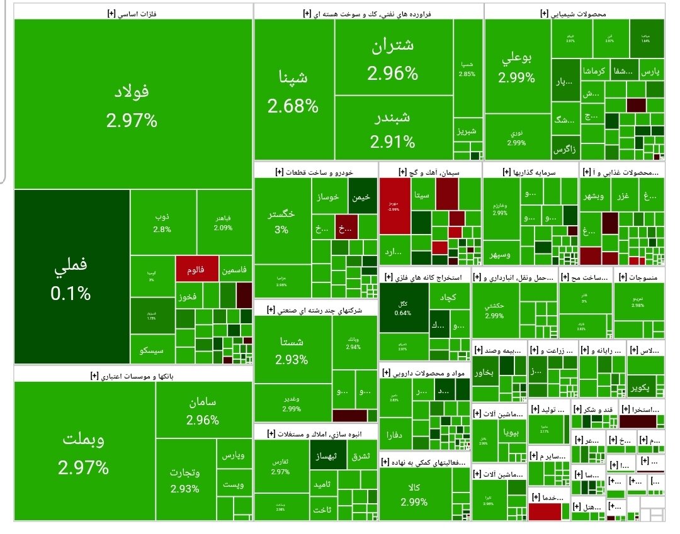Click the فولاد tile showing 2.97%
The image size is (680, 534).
132,104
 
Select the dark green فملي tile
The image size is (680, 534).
71,277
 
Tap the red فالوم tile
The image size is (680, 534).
196,269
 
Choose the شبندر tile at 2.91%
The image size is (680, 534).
393,128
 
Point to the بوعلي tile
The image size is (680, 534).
517,67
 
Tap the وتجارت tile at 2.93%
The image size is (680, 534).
185,480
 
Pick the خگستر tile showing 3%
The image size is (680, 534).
282,220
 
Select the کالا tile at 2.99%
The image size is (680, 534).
414,494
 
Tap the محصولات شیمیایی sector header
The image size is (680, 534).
575,12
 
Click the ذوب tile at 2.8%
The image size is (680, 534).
162,221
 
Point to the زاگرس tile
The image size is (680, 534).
565,150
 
